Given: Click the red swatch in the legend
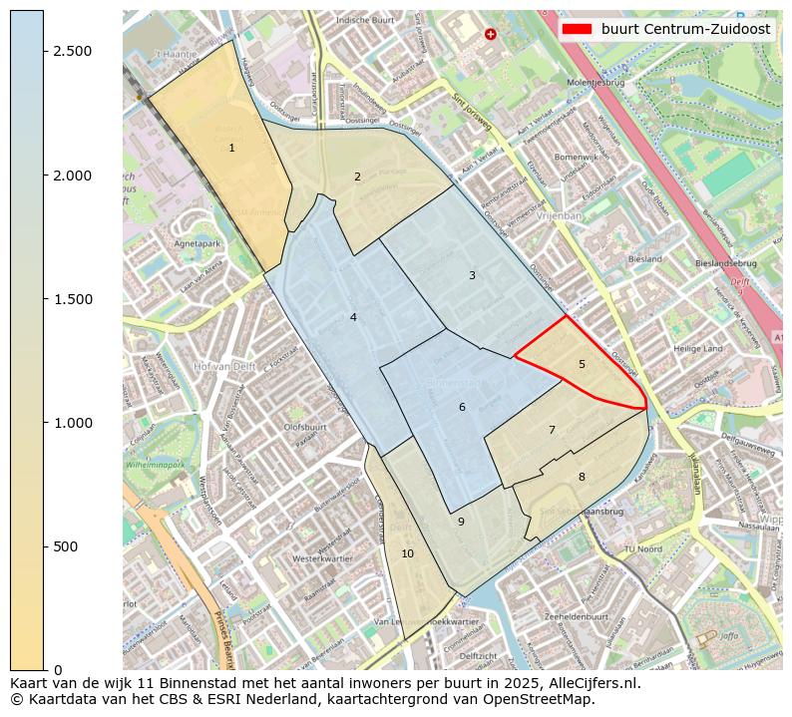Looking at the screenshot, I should (578, 30).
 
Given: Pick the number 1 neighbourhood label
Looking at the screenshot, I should (231, 148).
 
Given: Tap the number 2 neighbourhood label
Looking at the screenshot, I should (357, 178).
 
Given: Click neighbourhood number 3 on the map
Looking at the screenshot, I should (472, 275).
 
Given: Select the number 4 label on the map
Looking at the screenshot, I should (353, 317).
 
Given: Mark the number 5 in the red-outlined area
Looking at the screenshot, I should (582, 365).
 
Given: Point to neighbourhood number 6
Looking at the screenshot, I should (462, 407).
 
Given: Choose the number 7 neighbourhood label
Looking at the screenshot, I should (552, 431).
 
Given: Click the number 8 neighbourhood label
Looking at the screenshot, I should (582, 477).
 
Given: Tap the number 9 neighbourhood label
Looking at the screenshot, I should (461, 522).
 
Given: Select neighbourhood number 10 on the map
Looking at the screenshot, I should (407, 553).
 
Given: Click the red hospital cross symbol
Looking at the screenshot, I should (490, 34).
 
